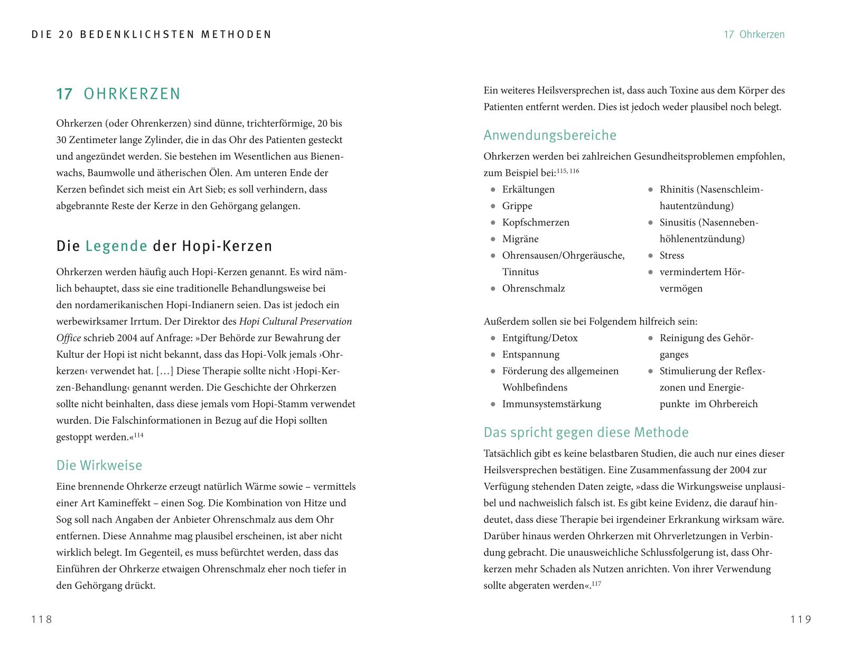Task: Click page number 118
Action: point(42,619)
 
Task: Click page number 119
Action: point(801,619)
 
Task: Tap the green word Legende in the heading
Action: point(116,246)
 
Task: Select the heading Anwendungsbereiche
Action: point(550,135)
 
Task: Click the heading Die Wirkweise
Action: point(99,465)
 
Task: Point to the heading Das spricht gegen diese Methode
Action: point(586,433)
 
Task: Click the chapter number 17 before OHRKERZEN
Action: point(64,94)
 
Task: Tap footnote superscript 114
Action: point(138,435)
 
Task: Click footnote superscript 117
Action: point(596,584)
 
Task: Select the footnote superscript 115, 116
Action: point(568,171)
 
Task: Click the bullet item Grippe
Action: point(517,206)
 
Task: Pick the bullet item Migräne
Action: point(520,239)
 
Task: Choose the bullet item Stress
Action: point(671,256)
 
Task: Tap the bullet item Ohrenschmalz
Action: point(534,288)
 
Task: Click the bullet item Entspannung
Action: point(530,354)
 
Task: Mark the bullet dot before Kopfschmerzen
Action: point(493,223)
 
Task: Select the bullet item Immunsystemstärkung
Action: point(551,404)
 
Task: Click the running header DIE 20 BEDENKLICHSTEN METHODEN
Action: point(152,35)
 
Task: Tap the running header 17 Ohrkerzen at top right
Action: point(754,35)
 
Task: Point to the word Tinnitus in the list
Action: point(520,272)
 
